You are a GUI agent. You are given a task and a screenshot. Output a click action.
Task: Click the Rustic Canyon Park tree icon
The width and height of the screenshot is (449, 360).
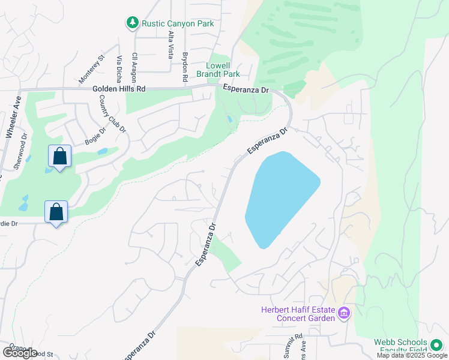click(132, 23)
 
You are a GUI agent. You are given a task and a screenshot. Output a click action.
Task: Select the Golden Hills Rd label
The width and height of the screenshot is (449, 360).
click(119, 88)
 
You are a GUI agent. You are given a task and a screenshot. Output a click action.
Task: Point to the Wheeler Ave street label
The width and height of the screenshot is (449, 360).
click(13, 118)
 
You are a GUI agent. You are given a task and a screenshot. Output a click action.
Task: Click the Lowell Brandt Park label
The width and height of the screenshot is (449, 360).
click(223, 70)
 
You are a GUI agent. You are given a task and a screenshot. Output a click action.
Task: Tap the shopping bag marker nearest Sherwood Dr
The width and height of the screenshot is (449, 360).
click(59, 157)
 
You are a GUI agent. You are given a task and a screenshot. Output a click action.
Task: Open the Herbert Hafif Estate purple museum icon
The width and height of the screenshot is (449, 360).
click(344, 313)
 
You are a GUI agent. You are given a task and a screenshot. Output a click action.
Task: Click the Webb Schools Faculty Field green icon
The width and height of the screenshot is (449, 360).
click(436, 346)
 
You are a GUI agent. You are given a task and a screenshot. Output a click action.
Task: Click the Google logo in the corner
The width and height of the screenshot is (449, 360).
click(20, 353)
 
